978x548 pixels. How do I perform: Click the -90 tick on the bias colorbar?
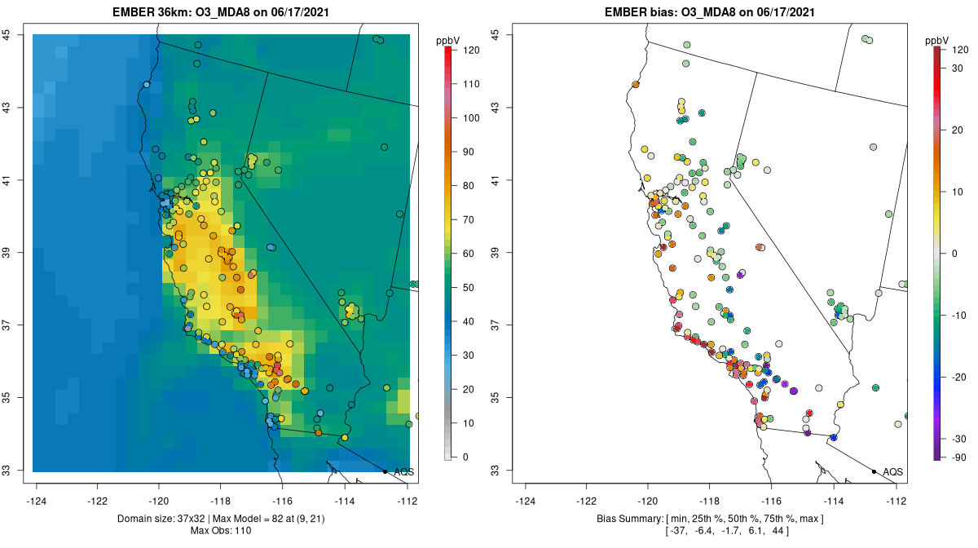[954, 457]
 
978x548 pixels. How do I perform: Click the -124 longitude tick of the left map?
[37, 501]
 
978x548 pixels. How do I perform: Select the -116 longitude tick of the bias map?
[772, 501]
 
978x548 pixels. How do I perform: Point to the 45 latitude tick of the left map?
[7, 35]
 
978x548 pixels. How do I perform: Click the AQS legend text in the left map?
[404, 471]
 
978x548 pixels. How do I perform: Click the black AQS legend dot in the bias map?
[874, 471]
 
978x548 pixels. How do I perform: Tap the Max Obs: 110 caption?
[221, 531]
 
